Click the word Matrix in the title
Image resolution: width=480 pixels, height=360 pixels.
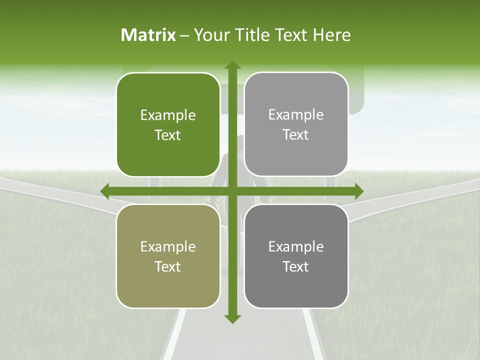click(148, 35)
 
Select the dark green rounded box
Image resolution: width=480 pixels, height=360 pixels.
click(168, 124)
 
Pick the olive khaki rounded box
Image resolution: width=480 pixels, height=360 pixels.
click(168, 256)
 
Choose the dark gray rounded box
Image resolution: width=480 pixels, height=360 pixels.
click(296, 256)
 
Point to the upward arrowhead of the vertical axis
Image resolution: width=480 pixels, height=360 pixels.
click(232, 65)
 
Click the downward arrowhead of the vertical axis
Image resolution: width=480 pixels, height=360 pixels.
click(232, 318)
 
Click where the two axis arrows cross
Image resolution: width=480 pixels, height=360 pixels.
click(232, 191)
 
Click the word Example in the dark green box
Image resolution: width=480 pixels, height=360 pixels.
click(168, 115)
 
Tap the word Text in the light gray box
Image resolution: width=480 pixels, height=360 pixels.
click(296, 135)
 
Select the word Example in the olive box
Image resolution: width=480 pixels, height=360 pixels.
click(168, 247)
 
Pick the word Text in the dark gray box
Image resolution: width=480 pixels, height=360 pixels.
click(296, 267)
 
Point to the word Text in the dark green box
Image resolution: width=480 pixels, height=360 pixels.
click(168, 135)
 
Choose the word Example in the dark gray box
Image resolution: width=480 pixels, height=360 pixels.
click(296, 247)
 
